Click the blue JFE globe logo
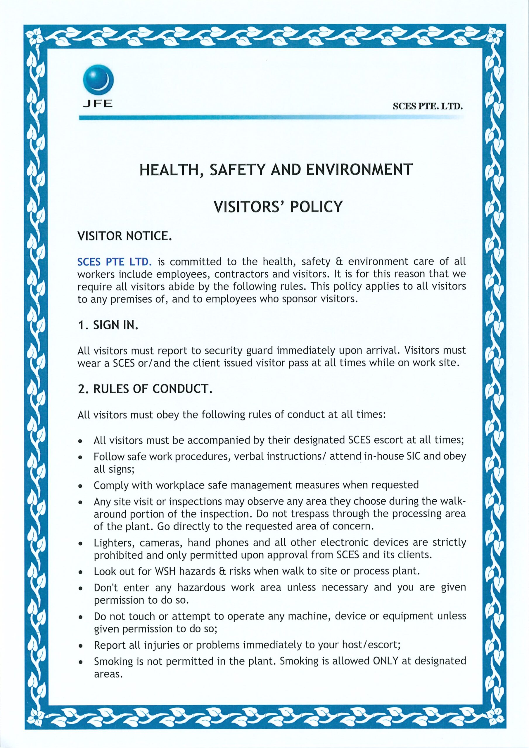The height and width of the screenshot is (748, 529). [98, 80]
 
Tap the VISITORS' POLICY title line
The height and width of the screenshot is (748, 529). [278, 207]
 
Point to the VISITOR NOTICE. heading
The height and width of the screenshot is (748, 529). [124, 236]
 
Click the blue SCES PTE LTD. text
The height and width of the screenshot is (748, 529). [114, 262]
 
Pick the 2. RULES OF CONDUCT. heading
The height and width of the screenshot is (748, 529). [145, 389]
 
